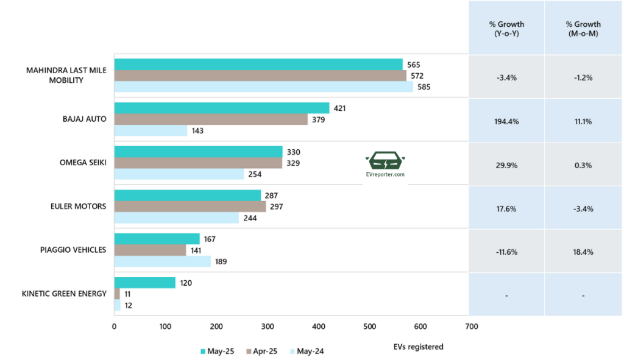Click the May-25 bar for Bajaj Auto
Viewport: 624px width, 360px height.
tap(222, 108)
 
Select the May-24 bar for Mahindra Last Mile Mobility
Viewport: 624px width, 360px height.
tap(263, 86)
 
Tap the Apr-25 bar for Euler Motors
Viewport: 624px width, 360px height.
tap(190, 206)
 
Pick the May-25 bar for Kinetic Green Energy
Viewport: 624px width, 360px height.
tap(145, 283)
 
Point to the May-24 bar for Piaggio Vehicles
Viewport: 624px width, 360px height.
tap(163, 261)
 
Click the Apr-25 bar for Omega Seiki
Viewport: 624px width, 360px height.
tap(199, 163)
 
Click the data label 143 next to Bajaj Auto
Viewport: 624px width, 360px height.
tap(199, 130)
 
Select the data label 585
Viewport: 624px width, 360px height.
tap(424, 86)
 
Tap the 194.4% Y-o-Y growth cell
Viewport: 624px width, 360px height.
tap(506, 121)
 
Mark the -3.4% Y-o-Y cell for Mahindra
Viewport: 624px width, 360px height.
tap(506, 77)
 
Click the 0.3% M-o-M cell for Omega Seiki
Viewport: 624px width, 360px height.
tap(583, 165)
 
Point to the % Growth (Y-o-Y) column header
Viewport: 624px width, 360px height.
tap(506, 29)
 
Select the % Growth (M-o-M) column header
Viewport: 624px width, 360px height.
tap(583, 29)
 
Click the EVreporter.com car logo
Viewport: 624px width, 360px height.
tap(386, 163)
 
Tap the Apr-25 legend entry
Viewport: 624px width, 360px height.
tap(262, 351)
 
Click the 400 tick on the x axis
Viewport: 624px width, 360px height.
tap(319, 327)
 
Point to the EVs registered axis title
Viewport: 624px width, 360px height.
tap(419, 347)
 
